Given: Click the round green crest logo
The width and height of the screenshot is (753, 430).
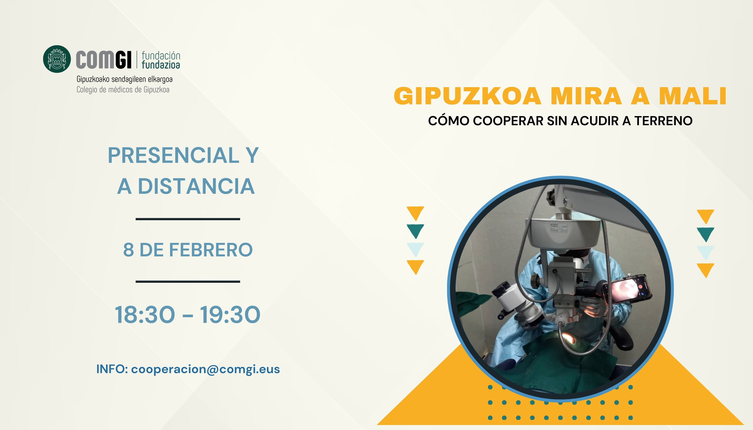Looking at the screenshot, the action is (57, 59).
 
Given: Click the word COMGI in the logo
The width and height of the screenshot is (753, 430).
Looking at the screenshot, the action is (104, 60).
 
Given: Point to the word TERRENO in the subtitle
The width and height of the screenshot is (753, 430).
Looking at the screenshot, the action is (663, 121).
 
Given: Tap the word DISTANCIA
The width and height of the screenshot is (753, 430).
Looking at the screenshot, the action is (196, 186).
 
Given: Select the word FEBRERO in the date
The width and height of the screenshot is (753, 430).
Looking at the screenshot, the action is (211, 250).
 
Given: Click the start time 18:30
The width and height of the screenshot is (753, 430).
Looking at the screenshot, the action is (145, 315).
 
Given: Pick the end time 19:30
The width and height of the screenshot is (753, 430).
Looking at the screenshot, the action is (230, 315).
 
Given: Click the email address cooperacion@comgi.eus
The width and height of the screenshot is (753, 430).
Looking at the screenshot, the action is (205, 369).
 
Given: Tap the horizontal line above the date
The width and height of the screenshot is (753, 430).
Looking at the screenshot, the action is (188, 219).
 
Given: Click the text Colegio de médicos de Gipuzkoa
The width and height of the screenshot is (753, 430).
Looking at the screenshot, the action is (123, 90).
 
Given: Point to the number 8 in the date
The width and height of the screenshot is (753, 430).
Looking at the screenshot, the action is (128, 250).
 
